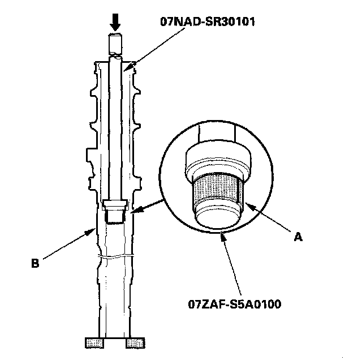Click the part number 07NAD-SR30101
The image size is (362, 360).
coord(208,22)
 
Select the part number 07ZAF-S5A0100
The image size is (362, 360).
coord(235,304)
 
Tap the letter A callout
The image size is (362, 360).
coord(298,237)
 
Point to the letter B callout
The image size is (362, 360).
coord(35,263)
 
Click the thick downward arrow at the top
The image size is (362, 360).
coord(115,22)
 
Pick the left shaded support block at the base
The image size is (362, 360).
coord(94,342)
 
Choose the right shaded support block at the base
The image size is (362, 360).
coord(135,342)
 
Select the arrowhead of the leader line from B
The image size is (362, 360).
coord(92,231)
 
